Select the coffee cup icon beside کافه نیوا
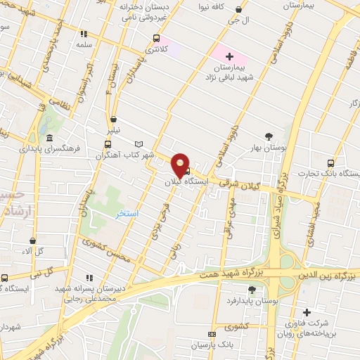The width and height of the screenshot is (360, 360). (x=240, y=10)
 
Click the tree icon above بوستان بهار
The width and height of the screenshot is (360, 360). (x=269, y=136)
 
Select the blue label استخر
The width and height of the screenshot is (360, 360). (x=127, y=212)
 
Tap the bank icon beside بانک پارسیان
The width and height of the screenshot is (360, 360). (x=211, y=334)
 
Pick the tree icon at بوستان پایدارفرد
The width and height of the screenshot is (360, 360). (x=269, y=288)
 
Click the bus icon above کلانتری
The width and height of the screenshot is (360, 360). (x=156, y=39)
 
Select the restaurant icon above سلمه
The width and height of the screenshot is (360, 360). (x=84, y=33)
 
